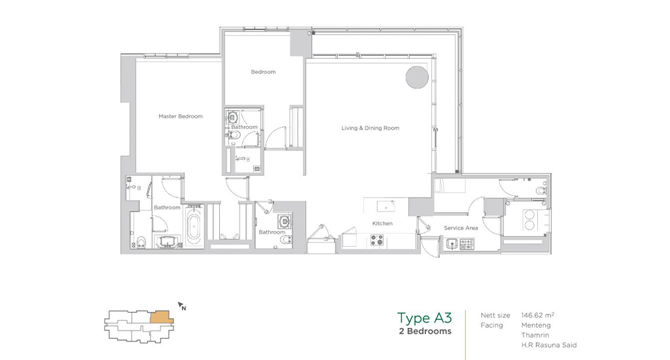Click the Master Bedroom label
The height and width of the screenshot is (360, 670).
(x=181, y=117)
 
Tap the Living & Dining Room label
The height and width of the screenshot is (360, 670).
(x=370, y=128)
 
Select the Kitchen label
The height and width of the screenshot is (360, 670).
(x=382, y=223)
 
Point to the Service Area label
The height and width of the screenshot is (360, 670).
(x=461, y=228)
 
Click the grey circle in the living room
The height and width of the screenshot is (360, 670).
(x=417, y=77)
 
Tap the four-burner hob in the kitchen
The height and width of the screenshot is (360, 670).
(x=376, y=240)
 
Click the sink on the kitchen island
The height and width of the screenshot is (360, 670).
(x=386, y=206)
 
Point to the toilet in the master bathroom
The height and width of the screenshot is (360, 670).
(x=141, y=242)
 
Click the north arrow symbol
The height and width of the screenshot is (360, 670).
(x=182, y=306)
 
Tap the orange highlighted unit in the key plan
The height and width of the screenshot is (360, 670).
(x=162, y=317)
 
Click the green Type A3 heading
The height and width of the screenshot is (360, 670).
(x=424, y=318)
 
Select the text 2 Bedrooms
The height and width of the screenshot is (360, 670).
(x=425, y=331)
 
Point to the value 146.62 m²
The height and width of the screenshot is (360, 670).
(x=538, y=315)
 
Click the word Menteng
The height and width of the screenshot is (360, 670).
(x=536, y=325)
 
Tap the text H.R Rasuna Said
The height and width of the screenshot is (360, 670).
(x=549, y=345)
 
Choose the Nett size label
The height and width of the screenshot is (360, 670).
(x=495, y=315)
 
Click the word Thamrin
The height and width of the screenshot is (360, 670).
(x=535, y=335)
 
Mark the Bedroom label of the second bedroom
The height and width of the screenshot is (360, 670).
(x=263, y=72)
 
